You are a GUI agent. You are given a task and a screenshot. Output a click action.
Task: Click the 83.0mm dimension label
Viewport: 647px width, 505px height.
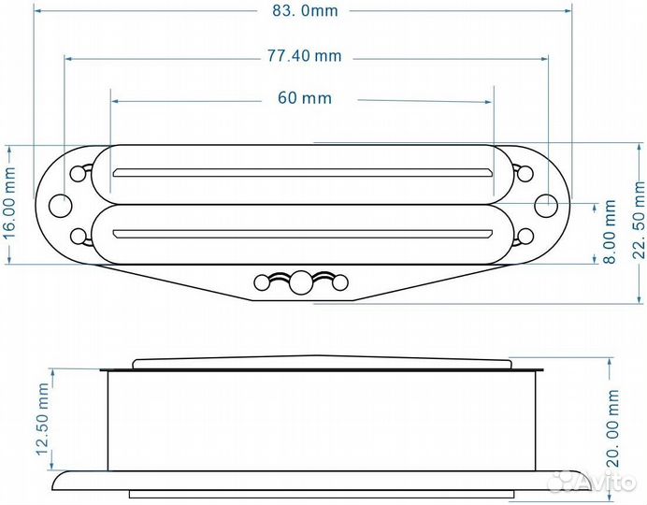[305, 10]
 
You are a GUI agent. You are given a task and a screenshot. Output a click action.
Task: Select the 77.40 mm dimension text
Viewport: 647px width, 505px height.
[305, 56]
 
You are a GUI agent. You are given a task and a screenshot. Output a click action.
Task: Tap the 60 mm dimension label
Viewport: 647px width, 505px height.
[305, 98]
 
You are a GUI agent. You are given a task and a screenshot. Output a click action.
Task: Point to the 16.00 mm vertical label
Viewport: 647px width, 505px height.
[9, 203]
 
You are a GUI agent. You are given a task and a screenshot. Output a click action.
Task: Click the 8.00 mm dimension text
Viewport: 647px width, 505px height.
[610, 232]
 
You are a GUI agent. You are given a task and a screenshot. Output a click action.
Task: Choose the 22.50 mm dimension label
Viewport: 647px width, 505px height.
[639, 220]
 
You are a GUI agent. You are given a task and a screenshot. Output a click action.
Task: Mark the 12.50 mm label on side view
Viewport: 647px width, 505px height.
[42, 419]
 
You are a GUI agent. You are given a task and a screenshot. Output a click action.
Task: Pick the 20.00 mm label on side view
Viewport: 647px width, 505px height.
[612, 428]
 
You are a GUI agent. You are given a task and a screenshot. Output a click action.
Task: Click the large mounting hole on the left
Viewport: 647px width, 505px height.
[60, 206]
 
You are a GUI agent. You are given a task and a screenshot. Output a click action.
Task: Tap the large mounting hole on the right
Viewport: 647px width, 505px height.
[546, 206]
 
